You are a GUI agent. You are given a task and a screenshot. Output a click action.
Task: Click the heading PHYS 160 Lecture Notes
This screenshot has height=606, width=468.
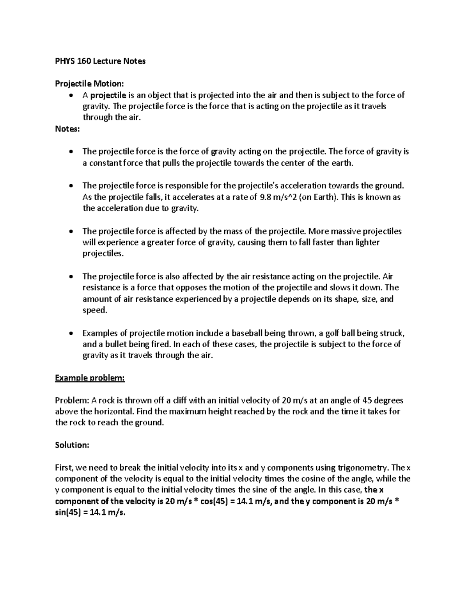click(100, 61)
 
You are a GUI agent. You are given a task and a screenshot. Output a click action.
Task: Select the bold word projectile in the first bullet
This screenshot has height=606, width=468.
click(108, 95)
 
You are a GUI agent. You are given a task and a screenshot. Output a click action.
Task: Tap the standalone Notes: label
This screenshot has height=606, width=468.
click(67, 129)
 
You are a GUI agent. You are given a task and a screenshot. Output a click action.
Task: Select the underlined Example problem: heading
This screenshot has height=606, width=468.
click(90, 378)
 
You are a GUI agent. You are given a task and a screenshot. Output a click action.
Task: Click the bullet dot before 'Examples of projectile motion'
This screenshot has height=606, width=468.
click(70, 334)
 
